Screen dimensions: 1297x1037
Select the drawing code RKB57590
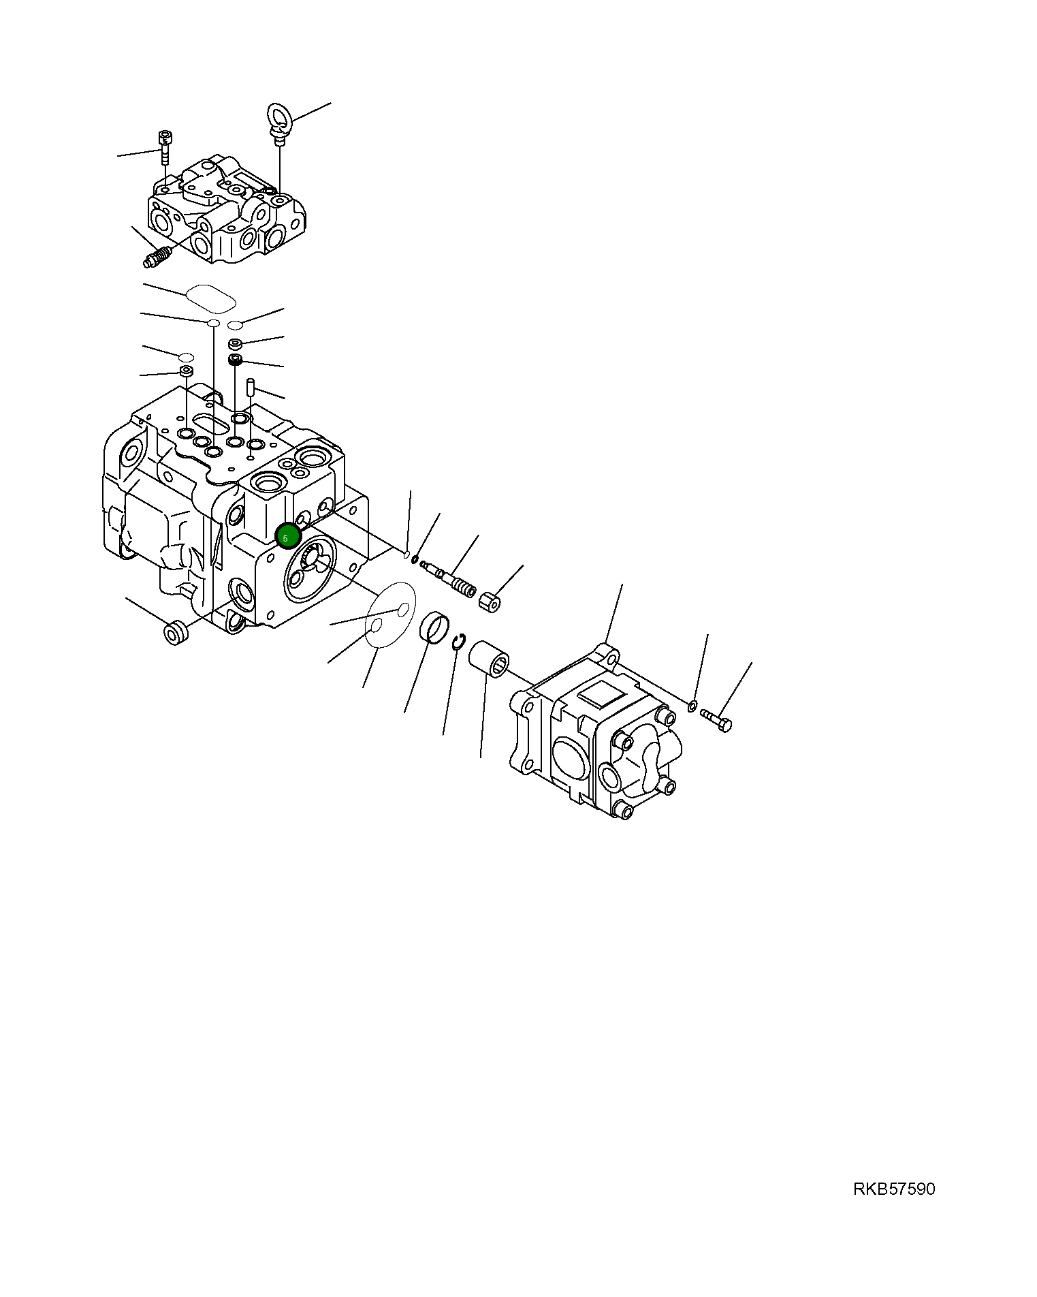(894, 1189)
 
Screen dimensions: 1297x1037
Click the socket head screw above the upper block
(164, 146)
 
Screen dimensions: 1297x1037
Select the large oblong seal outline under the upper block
(210, 298)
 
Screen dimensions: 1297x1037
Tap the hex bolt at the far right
(716, 719)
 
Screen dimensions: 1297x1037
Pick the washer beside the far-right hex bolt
(692, 704)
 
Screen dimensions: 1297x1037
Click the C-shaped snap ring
(460, 641)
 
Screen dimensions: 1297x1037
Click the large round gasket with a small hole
(390, 614)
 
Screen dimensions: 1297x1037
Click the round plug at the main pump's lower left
(176, 632)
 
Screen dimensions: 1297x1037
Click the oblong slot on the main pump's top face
(210, 423)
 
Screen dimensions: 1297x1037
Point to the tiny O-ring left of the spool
(415, 560)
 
